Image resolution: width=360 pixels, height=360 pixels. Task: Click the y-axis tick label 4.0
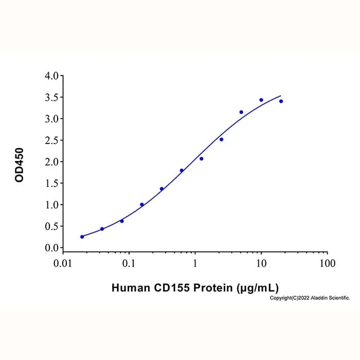click(51, 76)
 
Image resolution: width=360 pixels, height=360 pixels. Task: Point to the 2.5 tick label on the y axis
click(51, 140)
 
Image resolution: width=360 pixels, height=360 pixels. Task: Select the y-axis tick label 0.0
click(51, 248)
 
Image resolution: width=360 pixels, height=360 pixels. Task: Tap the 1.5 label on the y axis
click(51, 183)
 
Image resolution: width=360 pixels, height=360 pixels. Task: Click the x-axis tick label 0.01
click(63, 263)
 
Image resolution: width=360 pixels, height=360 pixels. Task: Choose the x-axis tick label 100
click(328, 263)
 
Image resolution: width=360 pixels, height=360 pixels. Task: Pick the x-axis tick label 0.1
click(129, 263)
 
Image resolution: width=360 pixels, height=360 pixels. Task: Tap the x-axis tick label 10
click(261, 263)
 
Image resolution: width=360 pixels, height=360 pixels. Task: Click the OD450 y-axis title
click(20, 165)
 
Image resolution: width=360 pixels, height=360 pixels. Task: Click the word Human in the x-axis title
click(131, 287)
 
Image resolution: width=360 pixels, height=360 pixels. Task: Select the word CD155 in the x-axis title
click(172, 287)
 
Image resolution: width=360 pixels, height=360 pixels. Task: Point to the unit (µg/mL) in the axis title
click(258, 288)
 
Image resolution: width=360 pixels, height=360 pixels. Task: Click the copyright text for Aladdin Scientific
click(310, 298)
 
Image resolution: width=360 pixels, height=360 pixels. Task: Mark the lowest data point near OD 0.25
click(82, 237)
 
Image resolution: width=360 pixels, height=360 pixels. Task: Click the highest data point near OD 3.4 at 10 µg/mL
click(261, 100)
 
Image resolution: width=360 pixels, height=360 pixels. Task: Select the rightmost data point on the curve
click(281, 101)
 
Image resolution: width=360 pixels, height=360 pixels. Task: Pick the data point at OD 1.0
click(142, 205)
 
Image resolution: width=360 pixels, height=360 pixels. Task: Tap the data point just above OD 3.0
click(241, 112)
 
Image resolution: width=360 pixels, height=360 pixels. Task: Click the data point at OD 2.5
click(221, 139)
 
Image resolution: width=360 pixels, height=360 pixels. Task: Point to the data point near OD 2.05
click(202, 158)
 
